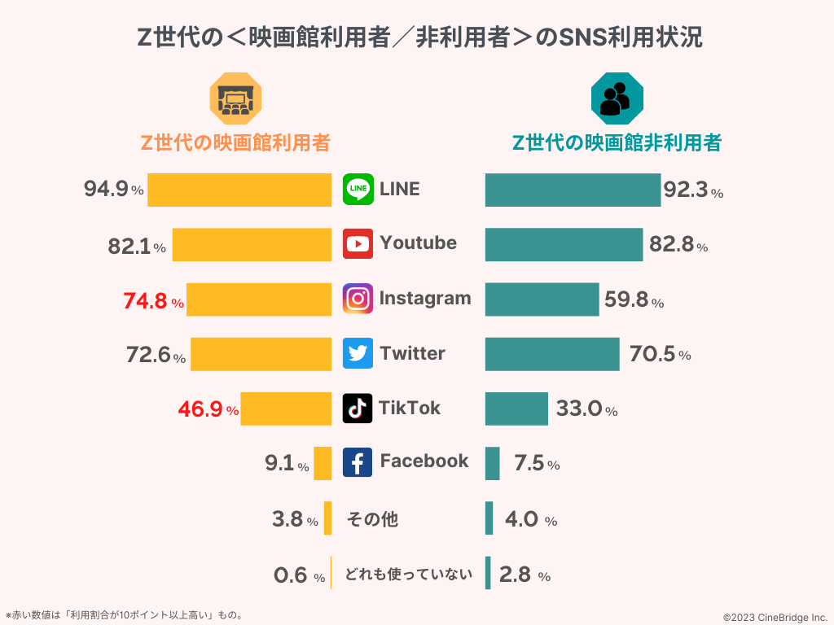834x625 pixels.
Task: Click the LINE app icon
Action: (358, 189)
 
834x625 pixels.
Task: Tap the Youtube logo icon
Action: (358, 243)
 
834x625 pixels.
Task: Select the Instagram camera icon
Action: (358, 299)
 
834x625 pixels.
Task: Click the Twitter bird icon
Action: (358, 353)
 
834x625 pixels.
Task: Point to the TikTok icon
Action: (358, 408)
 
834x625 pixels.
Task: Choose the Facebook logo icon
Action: (358, 462)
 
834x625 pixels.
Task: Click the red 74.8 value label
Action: (146, 302)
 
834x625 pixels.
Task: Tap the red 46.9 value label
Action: (201, 409)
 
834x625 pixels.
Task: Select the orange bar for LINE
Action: (239, 190)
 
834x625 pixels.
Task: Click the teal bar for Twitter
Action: (551, 354)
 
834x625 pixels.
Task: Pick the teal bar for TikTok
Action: (516, 409)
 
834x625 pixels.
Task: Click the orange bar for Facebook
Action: (323, 463)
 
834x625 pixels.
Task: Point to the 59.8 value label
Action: (626, 301)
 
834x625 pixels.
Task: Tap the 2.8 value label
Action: (516, 575)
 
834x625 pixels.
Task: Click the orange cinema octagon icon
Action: (235, 98)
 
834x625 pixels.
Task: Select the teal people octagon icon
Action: (617, 98)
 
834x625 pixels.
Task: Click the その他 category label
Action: (372, 518)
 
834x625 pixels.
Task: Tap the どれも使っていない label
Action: (409, 574)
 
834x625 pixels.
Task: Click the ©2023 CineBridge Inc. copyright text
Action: (775, 617)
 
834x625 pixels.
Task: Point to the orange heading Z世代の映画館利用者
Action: (235, 142)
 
